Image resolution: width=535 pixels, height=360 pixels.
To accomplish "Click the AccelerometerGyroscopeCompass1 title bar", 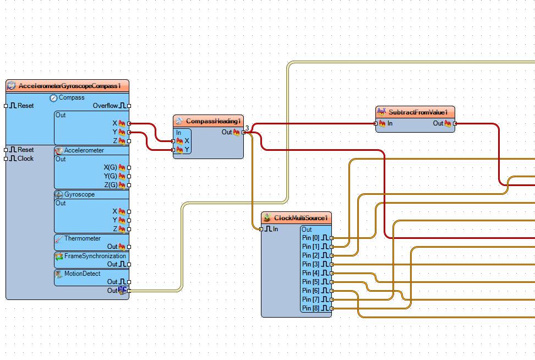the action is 68,86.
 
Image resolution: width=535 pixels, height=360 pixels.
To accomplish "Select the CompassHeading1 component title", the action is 213,121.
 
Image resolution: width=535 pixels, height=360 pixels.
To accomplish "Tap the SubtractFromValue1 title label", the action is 418,112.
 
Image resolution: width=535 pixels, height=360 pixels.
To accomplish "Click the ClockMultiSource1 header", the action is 296,217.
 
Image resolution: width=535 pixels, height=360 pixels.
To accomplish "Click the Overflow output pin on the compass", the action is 129,106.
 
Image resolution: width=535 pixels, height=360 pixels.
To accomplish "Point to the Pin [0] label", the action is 310,238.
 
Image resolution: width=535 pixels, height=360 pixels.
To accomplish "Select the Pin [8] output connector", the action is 332,308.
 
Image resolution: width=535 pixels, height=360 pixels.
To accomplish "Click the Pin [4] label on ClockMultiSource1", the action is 310,273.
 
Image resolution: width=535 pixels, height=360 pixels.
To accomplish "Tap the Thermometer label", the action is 82,238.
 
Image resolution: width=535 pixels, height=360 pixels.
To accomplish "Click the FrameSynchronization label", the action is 95,256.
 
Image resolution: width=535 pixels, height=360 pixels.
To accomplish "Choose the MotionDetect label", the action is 82,274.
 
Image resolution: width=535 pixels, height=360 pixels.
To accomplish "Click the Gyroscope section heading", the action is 79,194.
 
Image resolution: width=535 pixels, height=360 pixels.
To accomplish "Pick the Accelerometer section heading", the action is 84,150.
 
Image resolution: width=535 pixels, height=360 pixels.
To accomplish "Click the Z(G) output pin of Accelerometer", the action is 129,185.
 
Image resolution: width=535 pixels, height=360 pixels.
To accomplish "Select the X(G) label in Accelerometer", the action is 110,167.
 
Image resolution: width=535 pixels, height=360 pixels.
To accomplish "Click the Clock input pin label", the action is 25,159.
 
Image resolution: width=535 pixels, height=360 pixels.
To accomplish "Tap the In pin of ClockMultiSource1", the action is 261,229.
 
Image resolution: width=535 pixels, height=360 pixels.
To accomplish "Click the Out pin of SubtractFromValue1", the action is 455,123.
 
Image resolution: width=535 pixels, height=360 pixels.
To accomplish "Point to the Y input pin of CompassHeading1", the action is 173,150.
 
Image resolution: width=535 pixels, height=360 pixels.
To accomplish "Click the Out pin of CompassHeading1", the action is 243,132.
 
